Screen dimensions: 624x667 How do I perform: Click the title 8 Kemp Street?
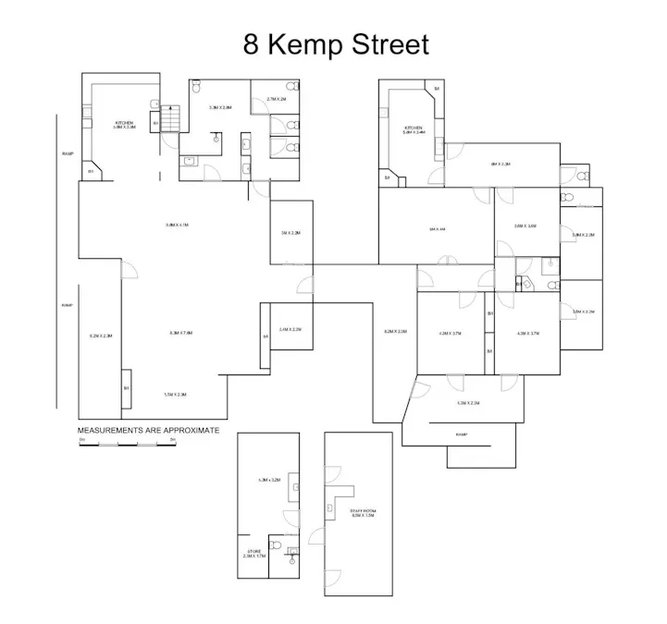[336, 44]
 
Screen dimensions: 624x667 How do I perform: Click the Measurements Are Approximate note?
[148, 430]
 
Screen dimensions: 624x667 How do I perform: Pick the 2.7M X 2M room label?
[277, 99]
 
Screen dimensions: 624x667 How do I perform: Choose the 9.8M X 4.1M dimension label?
[176, 225]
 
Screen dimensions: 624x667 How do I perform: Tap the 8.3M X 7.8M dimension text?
[180, 333]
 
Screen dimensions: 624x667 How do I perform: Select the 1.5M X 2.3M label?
[175, 395]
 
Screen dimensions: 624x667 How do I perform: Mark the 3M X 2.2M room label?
[290, 233]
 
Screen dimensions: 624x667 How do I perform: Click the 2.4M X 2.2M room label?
[290, 329]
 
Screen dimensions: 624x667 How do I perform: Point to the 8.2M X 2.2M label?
[395, 331]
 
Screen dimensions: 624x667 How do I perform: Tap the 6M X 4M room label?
[437, 228]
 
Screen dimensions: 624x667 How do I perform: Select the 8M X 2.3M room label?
[500, 164]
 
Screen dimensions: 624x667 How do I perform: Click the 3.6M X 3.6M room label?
[525, 226]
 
